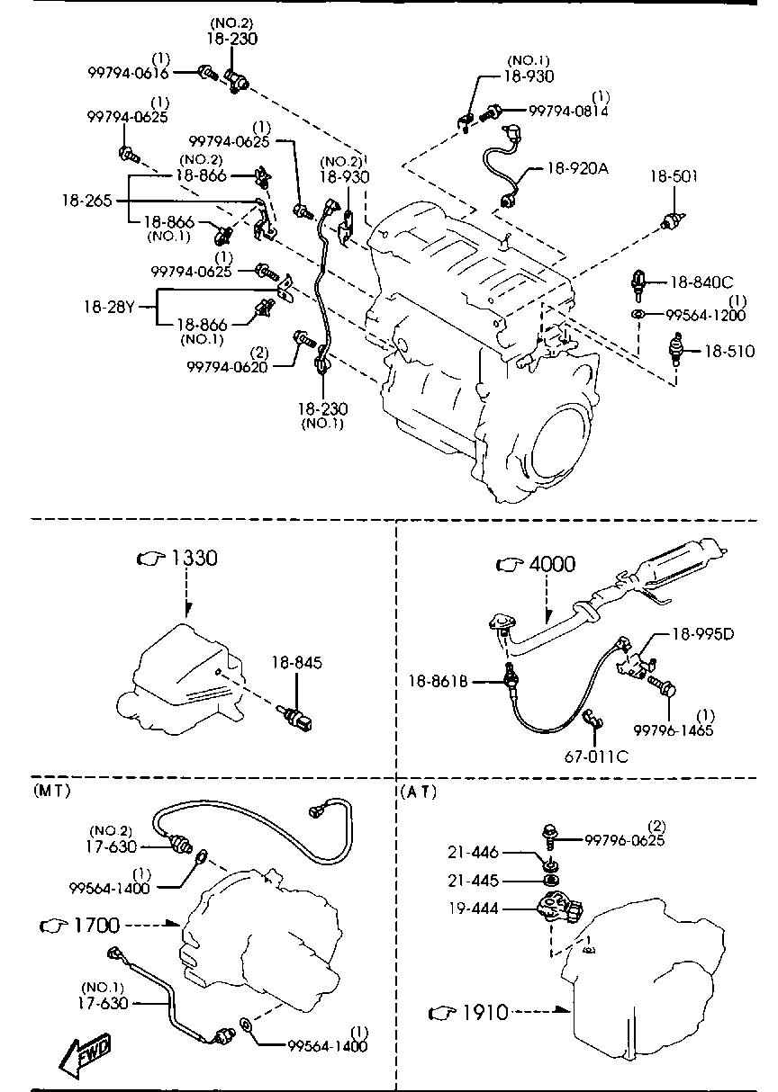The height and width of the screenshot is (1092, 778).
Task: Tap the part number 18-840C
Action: [701, 282]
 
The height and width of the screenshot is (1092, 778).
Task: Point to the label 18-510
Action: [728, 350]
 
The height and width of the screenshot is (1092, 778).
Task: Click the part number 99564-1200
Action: [706, 315]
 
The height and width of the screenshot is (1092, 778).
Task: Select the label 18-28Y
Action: [109, 307]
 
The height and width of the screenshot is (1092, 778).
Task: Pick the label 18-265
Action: [87, 200]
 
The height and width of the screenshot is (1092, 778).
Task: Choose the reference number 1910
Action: [484, 1013]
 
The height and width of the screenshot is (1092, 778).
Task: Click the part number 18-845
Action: [296, 663]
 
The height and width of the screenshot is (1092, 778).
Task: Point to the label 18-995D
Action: [702, 633]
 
